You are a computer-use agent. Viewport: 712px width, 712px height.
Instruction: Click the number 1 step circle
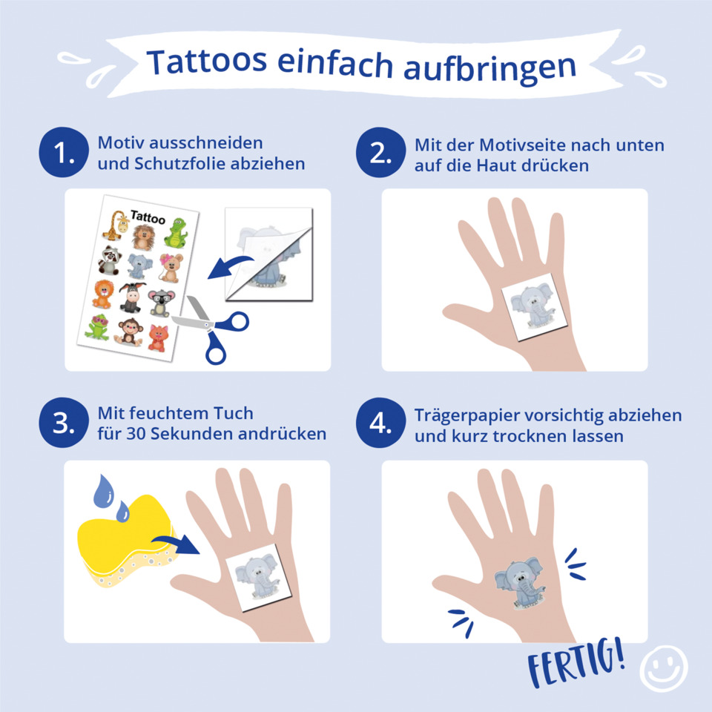64,152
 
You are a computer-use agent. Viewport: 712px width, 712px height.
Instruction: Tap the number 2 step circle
380,152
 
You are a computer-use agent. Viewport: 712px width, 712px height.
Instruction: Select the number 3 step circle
64,423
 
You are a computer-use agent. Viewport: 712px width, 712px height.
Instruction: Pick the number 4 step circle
380,423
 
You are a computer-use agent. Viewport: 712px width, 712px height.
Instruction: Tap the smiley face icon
664,669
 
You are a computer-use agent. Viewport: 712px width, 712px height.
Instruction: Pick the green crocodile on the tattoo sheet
176,233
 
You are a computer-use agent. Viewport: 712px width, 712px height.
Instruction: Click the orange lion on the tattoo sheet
102,294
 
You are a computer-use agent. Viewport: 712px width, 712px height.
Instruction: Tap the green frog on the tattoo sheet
96,327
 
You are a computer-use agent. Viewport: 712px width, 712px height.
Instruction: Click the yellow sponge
124,541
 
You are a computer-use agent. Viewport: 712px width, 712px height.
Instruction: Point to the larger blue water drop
104,491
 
